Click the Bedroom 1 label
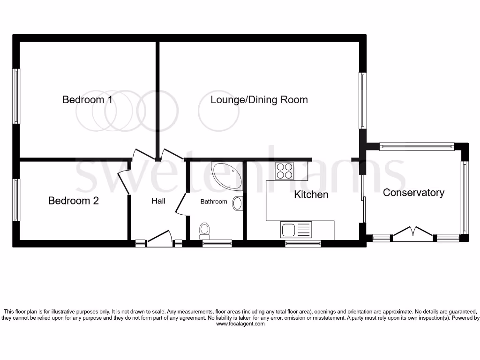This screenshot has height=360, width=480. point(87,100)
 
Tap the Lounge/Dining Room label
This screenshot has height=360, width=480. point(259,100)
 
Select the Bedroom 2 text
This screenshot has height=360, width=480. point(74,201)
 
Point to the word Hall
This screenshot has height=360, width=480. point(158,201)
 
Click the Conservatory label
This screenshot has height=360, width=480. point(413,193)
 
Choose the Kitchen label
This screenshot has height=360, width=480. point(311,195)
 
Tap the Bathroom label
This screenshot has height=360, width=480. point(214,202)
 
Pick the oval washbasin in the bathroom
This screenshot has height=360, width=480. point(238,204)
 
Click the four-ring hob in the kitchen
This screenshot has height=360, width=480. point(285,171)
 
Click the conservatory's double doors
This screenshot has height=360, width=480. point(413,233)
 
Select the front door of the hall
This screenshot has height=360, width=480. point(159,237)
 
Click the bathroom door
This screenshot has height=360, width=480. point(180,206)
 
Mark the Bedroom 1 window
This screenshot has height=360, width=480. point(17,96)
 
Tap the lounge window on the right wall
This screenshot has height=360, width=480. point(363,100)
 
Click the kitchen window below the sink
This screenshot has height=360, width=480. point(303,243)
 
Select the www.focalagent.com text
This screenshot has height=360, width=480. point(240,323)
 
